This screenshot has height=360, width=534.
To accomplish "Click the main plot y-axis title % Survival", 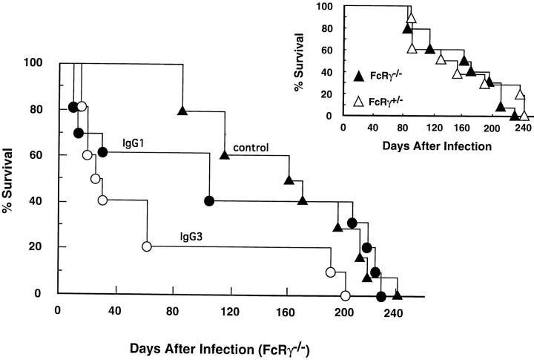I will pyautogui.click(x=10, y=179).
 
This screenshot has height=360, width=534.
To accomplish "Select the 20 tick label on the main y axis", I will pyautogui.click(x=38, y=247).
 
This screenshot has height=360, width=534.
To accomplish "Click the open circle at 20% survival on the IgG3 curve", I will pyautogui.click(x=147, y=246).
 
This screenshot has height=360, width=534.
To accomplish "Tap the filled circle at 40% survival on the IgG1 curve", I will pyautogui.click(x=209, y=201).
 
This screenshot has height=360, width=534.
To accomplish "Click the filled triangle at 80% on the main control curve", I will pyautogui.click(x=182, y=111).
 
